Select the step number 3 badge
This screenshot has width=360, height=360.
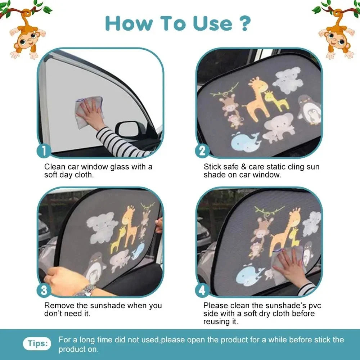coord(44,290)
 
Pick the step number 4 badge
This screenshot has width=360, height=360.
coord(202,290)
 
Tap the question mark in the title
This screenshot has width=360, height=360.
coord(244,23)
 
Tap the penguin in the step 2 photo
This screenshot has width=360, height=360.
coord(309,109)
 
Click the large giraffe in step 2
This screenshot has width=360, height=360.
coord(257,97)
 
